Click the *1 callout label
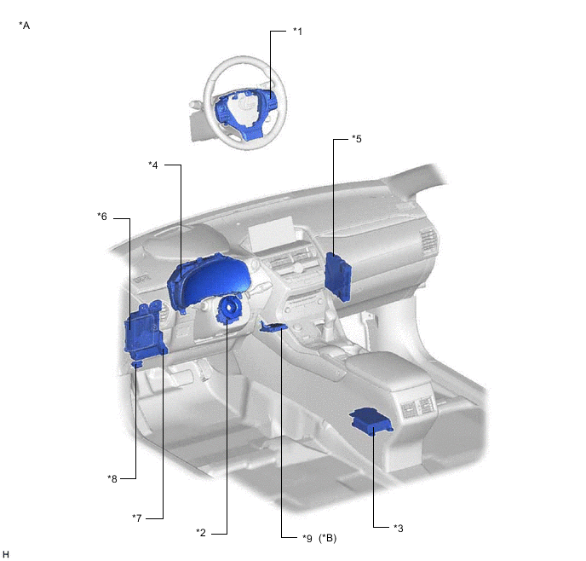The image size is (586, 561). pyautogui.click(x=297, y=31)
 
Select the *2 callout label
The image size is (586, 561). pyautogui.click(x=201, y=532)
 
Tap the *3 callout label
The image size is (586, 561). pyautogui.click(x=399, y=528)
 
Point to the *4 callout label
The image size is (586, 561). pyautogui.click(x=153, y=165)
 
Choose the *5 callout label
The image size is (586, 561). pyautogui.click(x=357, y=139)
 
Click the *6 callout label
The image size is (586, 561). pyautogui.click(x=102, y=217)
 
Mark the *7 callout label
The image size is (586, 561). pyautogui.click(x=137, y=518)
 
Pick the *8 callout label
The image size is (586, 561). pyautogui.click(x=112, y=478)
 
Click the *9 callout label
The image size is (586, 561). pyautogui.click(x=307, y=538)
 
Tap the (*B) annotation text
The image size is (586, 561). pyautogui.click(x=328, y=538)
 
